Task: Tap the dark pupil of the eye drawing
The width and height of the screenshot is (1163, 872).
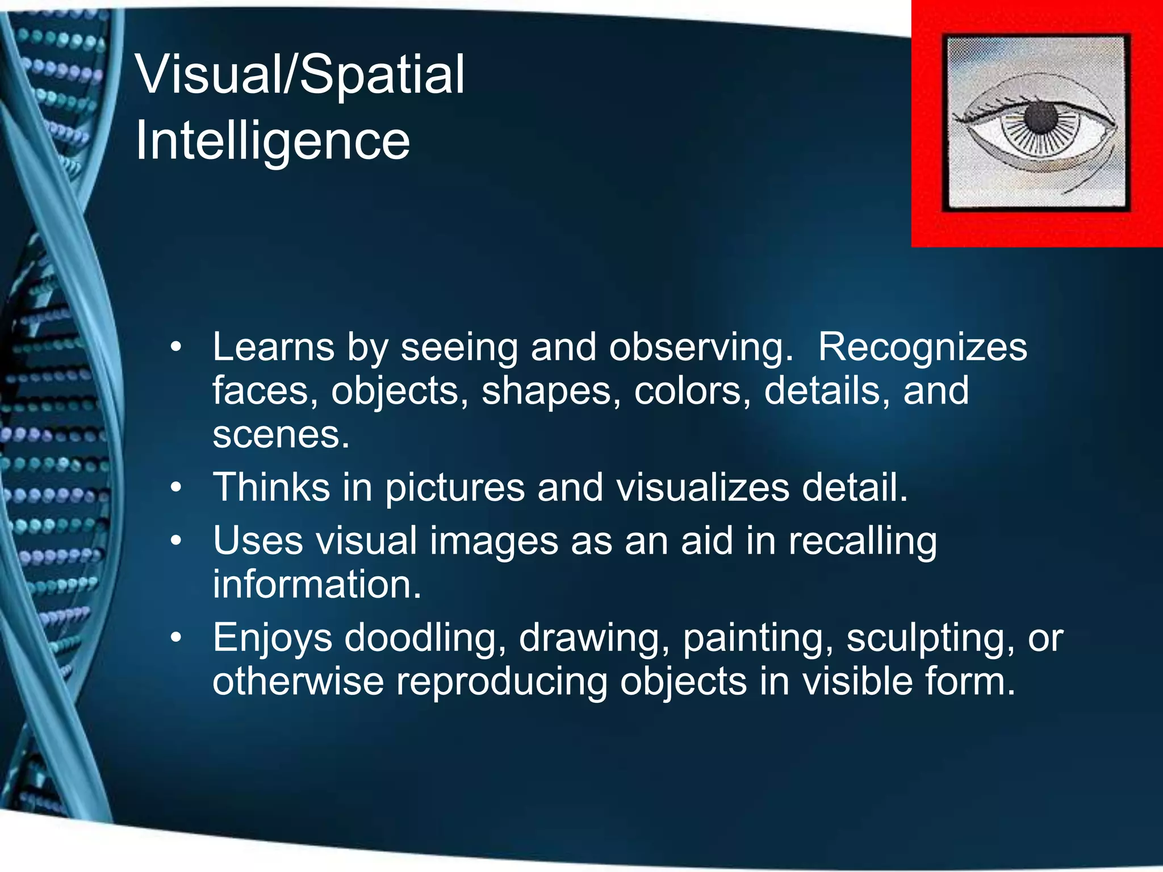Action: tap(1041, 118)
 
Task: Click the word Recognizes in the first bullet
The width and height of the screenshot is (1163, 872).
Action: tap(922, 347)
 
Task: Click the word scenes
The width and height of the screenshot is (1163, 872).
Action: tap(281, 435)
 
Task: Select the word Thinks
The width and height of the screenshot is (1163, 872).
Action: tap(271, 488)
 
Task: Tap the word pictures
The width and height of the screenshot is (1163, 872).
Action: tap(455, 489)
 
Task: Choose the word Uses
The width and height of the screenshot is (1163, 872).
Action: tap(258, 540)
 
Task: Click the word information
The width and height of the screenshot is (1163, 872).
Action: tap(317, 585)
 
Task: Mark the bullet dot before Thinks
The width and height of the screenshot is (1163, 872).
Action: tap(177, 488)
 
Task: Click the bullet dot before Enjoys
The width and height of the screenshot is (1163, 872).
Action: tap(177, 638)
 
